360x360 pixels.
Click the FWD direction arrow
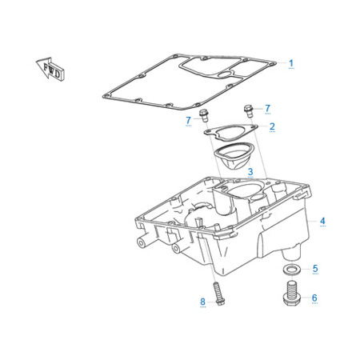point(50,68)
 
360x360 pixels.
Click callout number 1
point(291,63)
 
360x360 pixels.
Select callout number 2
point(272,126)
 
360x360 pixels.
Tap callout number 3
point(250,171)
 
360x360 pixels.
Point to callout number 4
point(322,221)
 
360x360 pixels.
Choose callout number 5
point(315,268)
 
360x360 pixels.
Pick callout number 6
point(314,298)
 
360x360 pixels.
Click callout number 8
point(202,302)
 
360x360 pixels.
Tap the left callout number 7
point(189,120)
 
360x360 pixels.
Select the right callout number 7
point(267,108)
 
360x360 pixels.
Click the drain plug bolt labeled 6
point(293,294)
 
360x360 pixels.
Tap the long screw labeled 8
point(218,294)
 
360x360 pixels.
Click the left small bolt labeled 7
point(204,116)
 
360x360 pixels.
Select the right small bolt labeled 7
point(249,111)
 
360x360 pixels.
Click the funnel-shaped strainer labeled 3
point(234,156)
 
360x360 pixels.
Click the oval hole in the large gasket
point(226,74)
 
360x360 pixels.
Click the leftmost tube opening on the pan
point(142,242)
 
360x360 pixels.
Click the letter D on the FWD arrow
point(57,74)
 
